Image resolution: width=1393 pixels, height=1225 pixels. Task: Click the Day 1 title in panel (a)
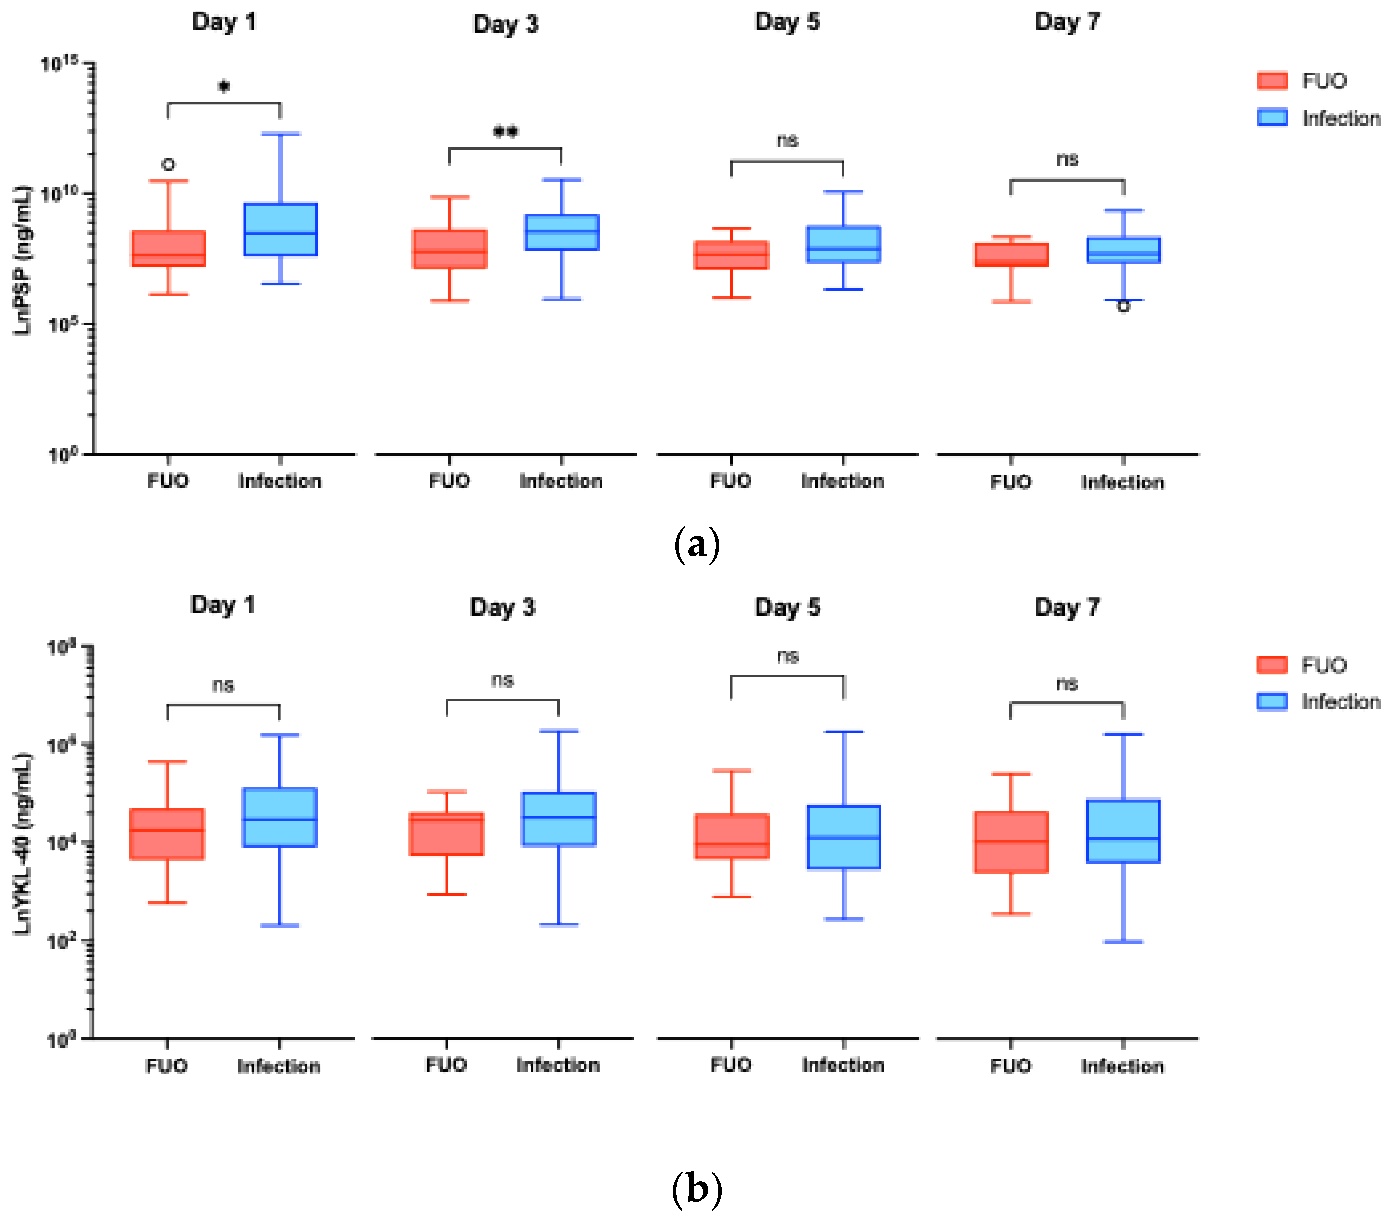tap(224, 22)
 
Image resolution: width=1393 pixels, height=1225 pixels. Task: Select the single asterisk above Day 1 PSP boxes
tap(224, 86)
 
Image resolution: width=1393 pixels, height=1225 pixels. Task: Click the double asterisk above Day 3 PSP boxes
tap(505, 131)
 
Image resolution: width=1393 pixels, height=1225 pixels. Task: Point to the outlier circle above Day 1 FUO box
tap(168, 165)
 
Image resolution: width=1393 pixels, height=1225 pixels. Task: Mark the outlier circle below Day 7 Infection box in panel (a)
tap(1123, 307)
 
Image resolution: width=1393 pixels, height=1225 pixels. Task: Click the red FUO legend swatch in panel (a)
tap(1271, 81)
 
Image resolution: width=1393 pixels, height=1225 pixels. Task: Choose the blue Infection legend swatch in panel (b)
tap(1271, 702)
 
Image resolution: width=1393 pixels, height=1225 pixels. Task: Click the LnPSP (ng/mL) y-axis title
tap(22, 260)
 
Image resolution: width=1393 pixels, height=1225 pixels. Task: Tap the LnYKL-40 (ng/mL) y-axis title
tap(22, 844)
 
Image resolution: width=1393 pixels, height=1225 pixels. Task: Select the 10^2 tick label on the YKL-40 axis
tap(60, 942)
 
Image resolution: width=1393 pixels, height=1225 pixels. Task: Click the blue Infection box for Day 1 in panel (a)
tap(280, 229)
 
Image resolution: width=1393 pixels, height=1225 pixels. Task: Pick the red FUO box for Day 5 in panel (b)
tap(732, 836)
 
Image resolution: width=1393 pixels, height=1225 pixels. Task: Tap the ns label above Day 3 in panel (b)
tap(502, 680)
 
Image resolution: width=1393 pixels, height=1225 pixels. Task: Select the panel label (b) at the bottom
tap(696, 1189)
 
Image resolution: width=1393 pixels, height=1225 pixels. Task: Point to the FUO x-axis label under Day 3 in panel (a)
tap(449, 481)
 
